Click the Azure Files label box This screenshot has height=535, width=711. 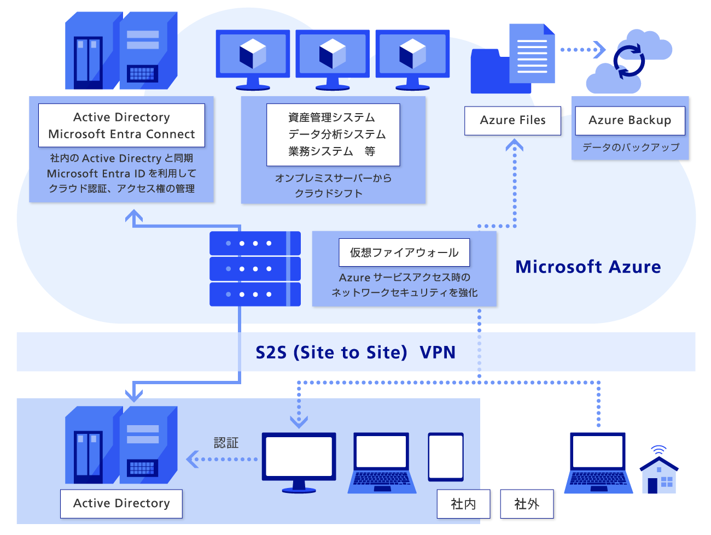pyautogui.click(x=512, y=120)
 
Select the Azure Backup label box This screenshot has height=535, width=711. pyautogui.click(x=630, y=120)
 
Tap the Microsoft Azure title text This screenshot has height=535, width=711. pyautogui.click(x=588, y=267)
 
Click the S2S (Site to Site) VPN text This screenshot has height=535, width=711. pyautogui.click(x=355, y=352)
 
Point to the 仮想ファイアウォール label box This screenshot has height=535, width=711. pyautogui.click(x=404, y=252)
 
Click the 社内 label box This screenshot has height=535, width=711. pyautogui.click(x=463, y=504)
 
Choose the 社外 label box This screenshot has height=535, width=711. pyautogui.click(x=527, y=504)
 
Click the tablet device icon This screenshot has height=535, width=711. pyautogui.click(x=446, y=457)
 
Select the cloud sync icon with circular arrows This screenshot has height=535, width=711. pyautogui.click(x=629, y=61)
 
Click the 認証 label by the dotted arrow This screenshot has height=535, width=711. pyautogui.click(x=226, y=443)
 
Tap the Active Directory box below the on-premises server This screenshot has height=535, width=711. pyautogui.click(x=121, y=503)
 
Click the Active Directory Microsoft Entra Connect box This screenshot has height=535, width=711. pyautogui.click(x=121, y=126)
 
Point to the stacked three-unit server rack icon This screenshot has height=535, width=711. pyautogui.click(x=255, y=268)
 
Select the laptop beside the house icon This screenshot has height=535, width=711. pyautogui.click(x=598, y=463)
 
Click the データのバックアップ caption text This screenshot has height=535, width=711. pyautogui.click(x=631, y=147)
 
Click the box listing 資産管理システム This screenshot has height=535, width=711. pyautogui.click(x=333, y=134)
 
